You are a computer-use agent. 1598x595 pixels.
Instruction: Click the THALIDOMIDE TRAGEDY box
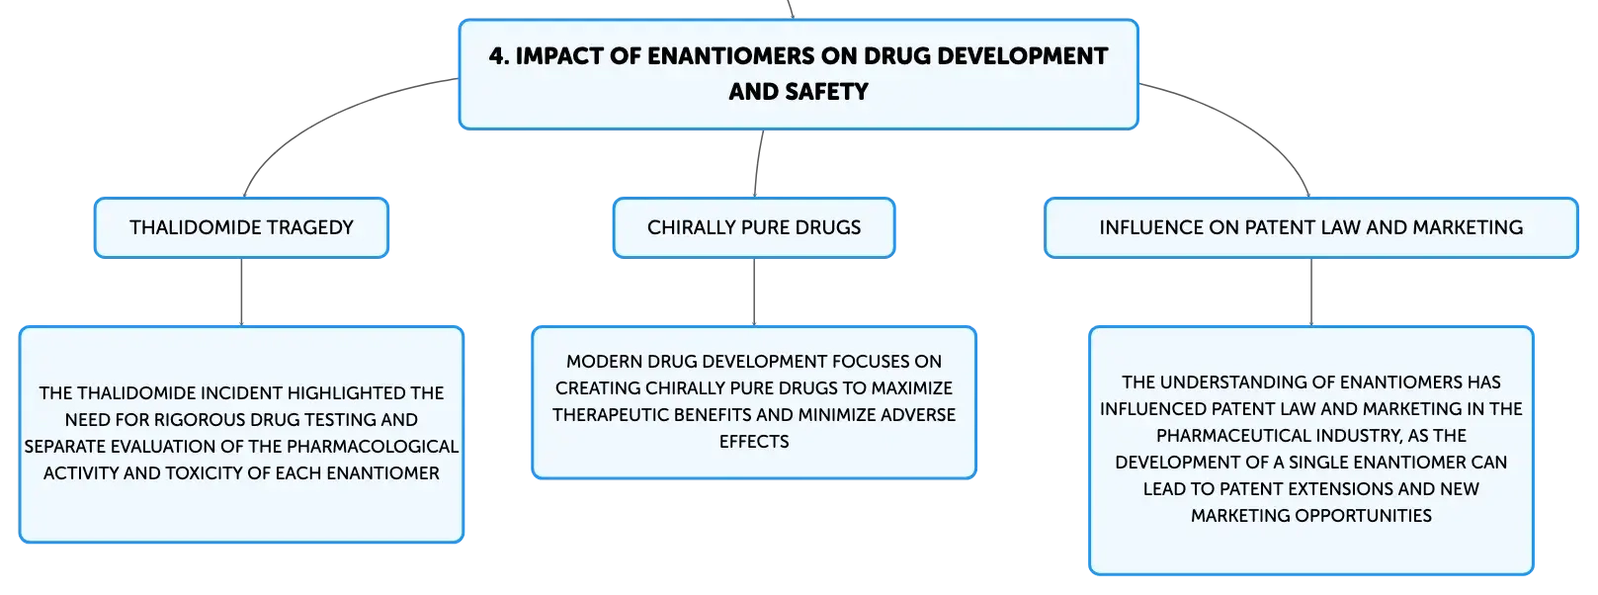coord(241,227)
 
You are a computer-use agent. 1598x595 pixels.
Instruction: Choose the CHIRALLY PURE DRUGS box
coord(754,227)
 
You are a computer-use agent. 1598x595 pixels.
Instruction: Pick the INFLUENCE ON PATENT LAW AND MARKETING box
coord(1311,227)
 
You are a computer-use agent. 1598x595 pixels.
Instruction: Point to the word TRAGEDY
coord(311,227)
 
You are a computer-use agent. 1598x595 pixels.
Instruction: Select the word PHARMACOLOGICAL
coord(373,447)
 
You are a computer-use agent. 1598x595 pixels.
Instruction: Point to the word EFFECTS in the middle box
coord(754,442)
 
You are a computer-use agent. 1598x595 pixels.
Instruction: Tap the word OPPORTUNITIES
coord(1364,516)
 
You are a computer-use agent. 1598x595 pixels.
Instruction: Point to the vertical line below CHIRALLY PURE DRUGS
coord(754,292)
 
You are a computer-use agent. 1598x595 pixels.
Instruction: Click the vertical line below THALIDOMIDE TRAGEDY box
coord(241,292)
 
